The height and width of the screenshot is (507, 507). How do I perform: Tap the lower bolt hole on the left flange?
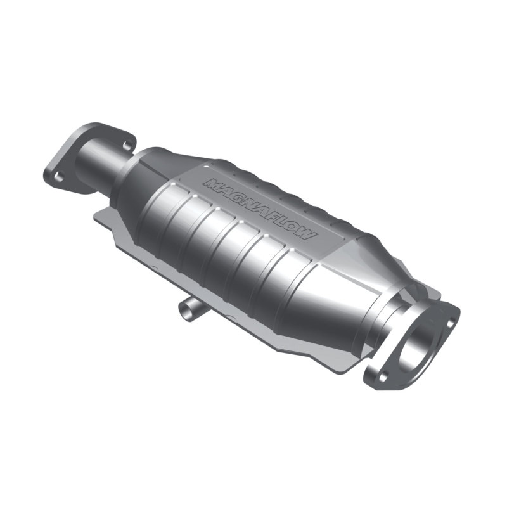coord(58,177)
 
